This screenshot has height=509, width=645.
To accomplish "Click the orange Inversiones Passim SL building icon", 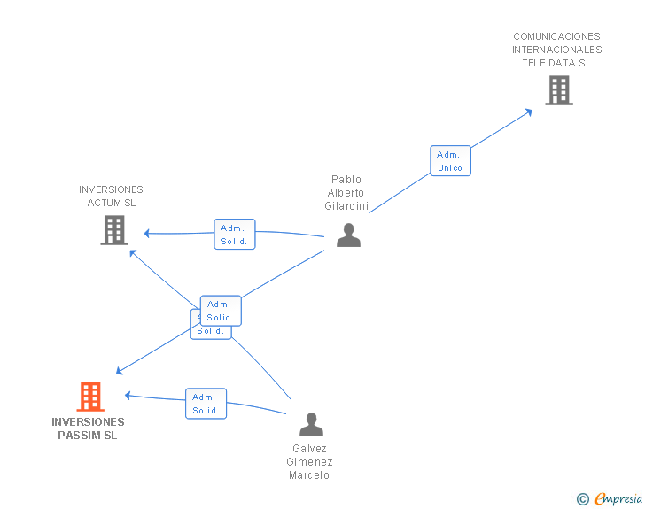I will [x=90, y=397].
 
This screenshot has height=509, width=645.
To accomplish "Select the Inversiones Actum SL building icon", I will [x=114, y=230].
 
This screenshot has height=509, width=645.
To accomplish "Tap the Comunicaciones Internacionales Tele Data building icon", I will [x=558, y=90].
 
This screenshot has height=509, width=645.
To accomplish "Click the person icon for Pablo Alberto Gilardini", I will [x=348, y=235].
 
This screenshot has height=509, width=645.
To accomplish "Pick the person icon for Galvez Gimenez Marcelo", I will [x=311, y=425].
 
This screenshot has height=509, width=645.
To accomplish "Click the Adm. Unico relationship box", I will [x=450, y=161].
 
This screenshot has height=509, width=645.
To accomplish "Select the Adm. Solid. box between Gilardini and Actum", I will [x=234, y=235].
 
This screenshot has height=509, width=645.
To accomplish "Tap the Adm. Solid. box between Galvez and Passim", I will [x=206, y=404].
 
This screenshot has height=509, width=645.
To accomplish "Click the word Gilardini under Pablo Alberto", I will [x=346, y=206].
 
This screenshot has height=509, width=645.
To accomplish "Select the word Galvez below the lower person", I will [x=309, y=449].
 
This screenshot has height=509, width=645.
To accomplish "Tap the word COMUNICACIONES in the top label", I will [x=556, y=36].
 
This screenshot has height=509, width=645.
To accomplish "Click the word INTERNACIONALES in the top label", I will [x=556, y=50].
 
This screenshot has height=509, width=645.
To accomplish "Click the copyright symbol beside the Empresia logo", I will [x=582, y=499].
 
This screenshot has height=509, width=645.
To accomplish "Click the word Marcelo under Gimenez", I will [x=309, y=475].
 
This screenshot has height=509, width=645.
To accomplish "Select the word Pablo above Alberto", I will [x=346, y=180].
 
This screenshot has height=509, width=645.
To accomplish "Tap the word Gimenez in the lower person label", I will [x=309, y=462].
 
